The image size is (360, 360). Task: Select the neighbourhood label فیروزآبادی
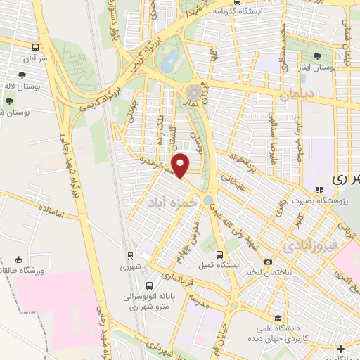coord(310,247)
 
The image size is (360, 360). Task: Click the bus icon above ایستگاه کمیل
coord(220,255)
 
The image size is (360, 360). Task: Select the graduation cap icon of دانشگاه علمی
coord(278,319)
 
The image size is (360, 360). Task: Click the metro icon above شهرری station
coord(131,257)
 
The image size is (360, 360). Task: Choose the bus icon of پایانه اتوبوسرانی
coord(150,286)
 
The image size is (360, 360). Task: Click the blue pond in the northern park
coord(168,62)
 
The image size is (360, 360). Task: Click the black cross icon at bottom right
coord(341,349)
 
